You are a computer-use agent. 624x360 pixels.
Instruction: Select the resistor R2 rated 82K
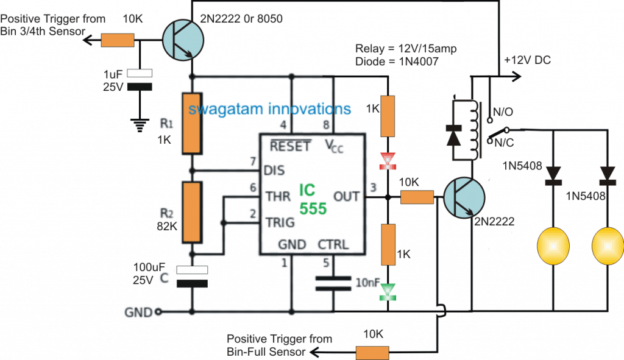(x=192, y=211)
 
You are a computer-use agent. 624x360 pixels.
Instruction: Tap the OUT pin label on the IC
(x=347, y=197)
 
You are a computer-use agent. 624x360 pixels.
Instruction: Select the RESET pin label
(x=291, y=146)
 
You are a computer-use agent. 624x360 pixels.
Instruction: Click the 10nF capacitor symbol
(x=334, y=284)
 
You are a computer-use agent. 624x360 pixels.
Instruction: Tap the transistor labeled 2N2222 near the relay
(x=464, y=197)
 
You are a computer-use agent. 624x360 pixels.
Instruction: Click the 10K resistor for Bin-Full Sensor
(x=372, y=352)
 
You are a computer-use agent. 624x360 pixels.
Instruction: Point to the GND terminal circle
(x=158, y=312)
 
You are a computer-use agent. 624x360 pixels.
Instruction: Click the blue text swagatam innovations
(x=269, y=109)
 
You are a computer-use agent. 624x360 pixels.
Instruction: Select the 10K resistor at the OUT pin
(x=417, y=197)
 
